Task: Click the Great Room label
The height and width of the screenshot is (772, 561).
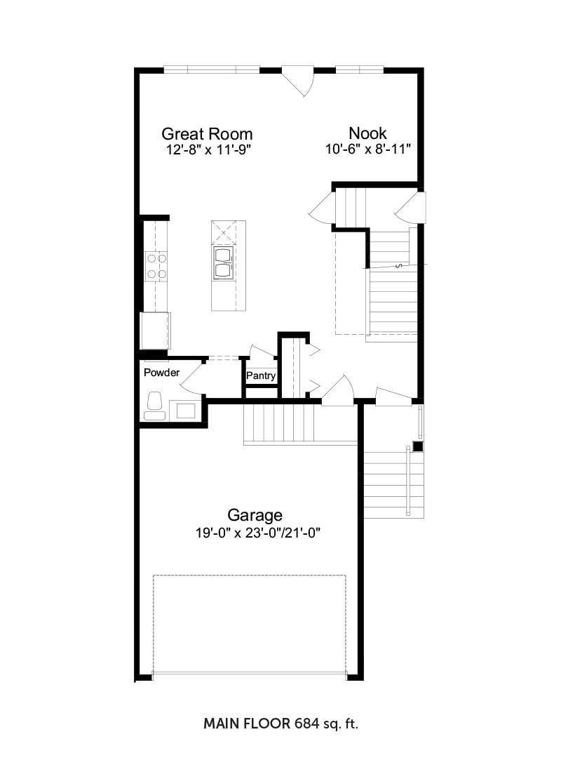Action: (x=207, y=133)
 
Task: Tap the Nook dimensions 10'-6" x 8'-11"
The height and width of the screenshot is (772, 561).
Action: (x=368, y=149)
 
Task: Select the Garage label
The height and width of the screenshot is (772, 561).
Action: (x=255, y=515)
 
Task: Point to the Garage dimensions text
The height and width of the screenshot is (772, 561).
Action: (x=258, y=533)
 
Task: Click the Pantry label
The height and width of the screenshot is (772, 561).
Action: (x=261, y=375)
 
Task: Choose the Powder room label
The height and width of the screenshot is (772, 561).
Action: (x=161, y=373)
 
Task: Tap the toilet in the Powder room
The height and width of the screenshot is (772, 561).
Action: (x=154, y=406)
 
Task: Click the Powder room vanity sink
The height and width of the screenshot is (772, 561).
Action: (x=186, y=410)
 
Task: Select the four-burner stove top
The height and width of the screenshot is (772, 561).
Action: (x=156, y=267)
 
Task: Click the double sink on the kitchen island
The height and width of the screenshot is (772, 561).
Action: (x=223, y=262)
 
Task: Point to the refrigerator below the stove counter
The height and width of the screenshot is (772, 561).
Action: (x=156, y=331)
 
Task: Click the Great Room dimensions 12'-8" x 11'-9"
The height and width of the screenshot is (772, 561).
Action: (x=209, y=149)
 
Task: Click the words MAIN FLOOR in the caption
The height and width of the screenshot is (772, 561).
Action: (x=247, y=724)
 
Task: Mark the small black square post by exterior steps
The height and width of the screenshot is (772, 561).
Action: (x=418, y=446)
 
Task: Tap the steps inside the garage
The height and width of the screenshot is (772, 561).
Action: (x=279, y=424)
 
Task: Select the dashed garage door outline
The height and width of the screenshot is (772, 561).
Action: (x=249, y=626)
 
